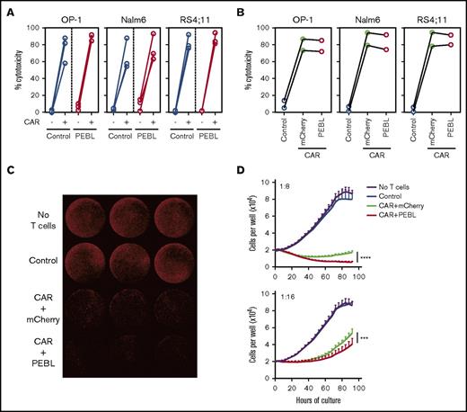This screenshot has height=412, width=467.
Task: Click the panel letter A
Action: (x=8, y=8)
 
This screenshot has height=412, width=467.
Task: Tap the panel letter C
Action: (x=8, y=166)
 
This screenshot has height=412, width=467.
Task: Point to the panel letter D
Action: (x=245, y=166)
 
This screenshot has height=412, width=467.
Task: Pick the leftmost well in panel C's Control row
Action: (x=79, y=266)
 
